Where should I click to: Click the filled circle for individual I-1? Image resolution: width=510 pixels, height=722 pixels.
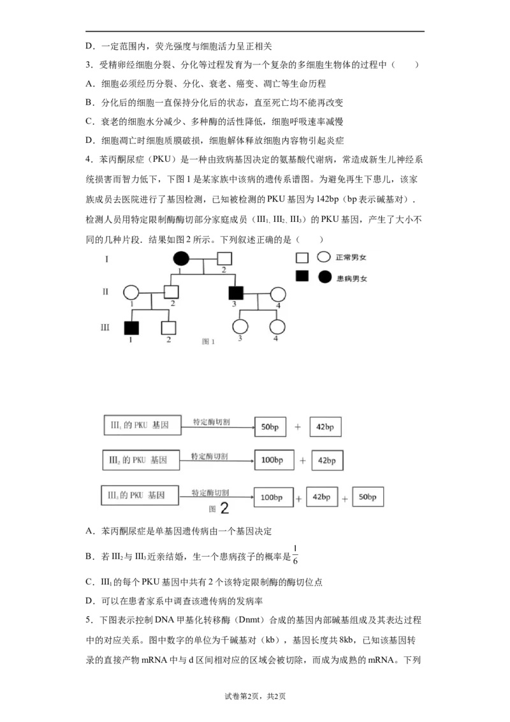coord(181,259)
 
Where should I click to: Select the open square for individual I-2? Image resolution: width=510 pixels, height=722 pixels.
coord(224,258)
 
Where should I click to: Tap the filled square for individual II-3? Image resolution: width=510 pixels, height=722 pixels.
coord(236,293)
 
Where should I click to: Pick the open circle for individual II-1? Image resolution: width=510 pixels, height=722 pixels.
coord(131,292)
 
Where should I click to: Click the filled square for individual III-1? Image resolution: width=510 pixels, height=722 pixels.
coord(131,327)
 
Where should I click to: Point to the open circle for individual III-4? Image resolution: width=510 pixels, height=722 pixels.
coord(277,327)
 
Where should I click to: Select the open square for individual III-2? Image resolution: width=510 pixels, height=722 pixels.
coord(169,327)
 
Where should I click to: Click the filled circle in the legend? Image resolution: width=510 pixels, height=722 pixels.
coord(325,277)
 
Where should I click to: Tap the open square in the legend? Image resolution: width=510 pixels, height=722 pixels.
coord(302,258)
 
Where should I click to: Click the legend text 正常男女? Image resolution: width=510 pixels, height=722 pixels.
coord(351,258)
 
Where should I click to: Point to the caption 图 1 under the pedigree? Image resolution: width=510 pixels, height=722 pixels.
coord(208,341)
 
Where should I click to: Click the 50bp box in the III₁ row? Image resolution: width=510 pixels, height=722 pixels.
coord(270,427)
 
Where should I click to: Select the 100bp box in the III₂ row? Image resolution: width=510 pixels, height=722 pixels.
coord(274,460)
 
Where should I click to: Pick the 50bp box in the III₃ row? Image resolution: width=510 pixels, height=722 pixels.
coord(368,497)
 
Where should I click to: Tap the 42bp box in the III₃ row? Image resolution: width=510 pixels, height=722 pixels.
coord(322,497)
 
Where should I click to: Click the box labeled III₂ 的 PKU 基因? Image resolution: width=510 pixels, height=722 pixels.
coord(141,460)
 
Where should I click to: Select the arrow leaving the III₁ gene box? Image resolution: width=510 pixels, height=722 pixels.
coord(218,427)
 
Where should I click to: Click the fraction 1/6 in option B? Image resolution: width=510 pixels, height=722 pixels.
coord(295,554)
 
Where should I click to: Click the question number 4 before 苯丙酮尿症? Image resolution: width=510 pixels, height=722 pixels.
coord(89,159)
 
